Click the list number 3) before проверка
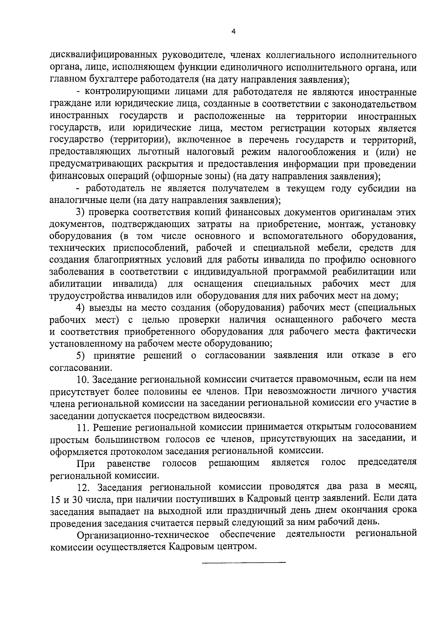(x=80, y=213)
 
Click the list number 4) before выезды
(x=80, y=308)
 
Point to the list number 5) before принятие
(x=80, y=355)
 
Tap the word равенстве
(x=129, y=463)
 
